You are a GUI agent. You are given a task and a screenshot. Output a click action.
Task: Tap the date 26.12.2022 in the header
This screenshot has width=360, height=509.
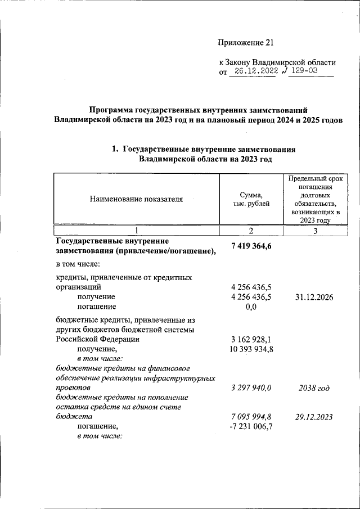tap(253, 71)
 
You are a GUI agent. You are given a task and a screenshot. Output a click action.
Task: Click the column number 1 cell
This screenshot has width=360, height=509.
tap(136, 231)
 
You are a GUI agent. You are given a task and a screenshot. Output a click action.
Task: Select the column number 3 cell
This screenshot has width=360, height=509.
tap(315, 231)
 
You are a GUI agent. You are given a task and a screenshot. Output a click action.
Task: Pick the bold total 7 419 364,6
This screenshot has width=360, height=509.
tap(251, 245)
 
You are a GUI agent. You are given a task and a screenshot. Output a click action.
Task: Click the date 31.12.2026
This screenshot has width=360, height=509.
tap(315, 297)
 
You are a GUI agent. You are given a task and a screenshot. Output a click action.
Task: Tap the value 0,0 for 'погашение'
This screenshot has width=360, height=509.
tap(251, 307)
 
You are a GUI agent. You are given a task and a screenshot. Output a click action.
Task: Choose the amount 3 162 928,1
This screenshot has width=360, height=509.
tap(251, 340)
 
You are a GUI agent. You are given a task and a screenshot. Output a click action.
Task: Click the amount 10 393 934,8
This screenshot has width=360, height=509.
tap(251, 350)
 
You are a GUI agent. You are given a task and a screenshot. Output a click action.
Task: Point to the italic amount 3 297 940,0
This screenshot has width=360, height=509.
tap(251, 388)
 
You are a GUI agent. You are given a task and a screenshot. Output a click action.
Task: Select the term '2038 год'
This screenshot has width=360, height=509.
tap(315, 388)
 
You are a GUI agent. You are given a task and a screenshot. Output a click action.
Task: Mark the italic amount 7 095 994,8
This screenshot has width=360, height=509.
tap(251, 417)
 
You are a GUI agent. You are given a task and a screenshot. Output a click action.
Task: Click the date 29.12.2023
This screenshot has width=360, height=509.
tap(315, 417)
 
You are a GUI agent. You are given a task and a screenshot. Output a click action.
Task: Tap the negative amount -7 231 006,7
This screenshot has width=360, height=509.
tap(251, 427)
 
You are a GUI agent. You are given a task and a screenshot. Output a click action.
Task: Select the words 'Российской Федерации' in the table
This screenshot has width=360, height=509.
tap(97, 340)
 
